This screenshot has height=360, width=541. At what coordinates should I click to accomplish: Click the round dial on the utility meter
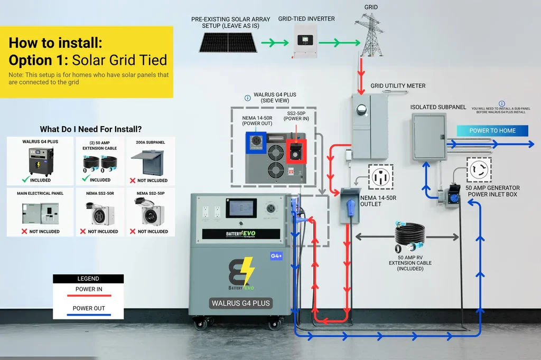click(x=362, y=109)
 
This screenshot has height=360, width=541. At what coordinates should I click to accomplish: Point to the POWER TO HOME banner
click(x=492, y=130)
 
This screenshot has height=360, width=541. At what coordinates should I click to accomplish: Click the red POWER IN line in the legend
click(x=89, y=296)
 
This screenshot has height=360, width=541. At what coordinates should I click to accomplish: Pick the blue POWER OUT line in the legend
click(x=89, y=315)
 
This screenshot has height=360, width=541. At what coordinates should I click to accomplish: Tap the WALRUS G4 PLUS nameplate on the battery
click(x=240, y=303)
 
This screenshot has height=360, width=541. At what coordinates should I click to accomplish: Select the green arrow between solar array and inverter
click(x=274, y=43)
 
